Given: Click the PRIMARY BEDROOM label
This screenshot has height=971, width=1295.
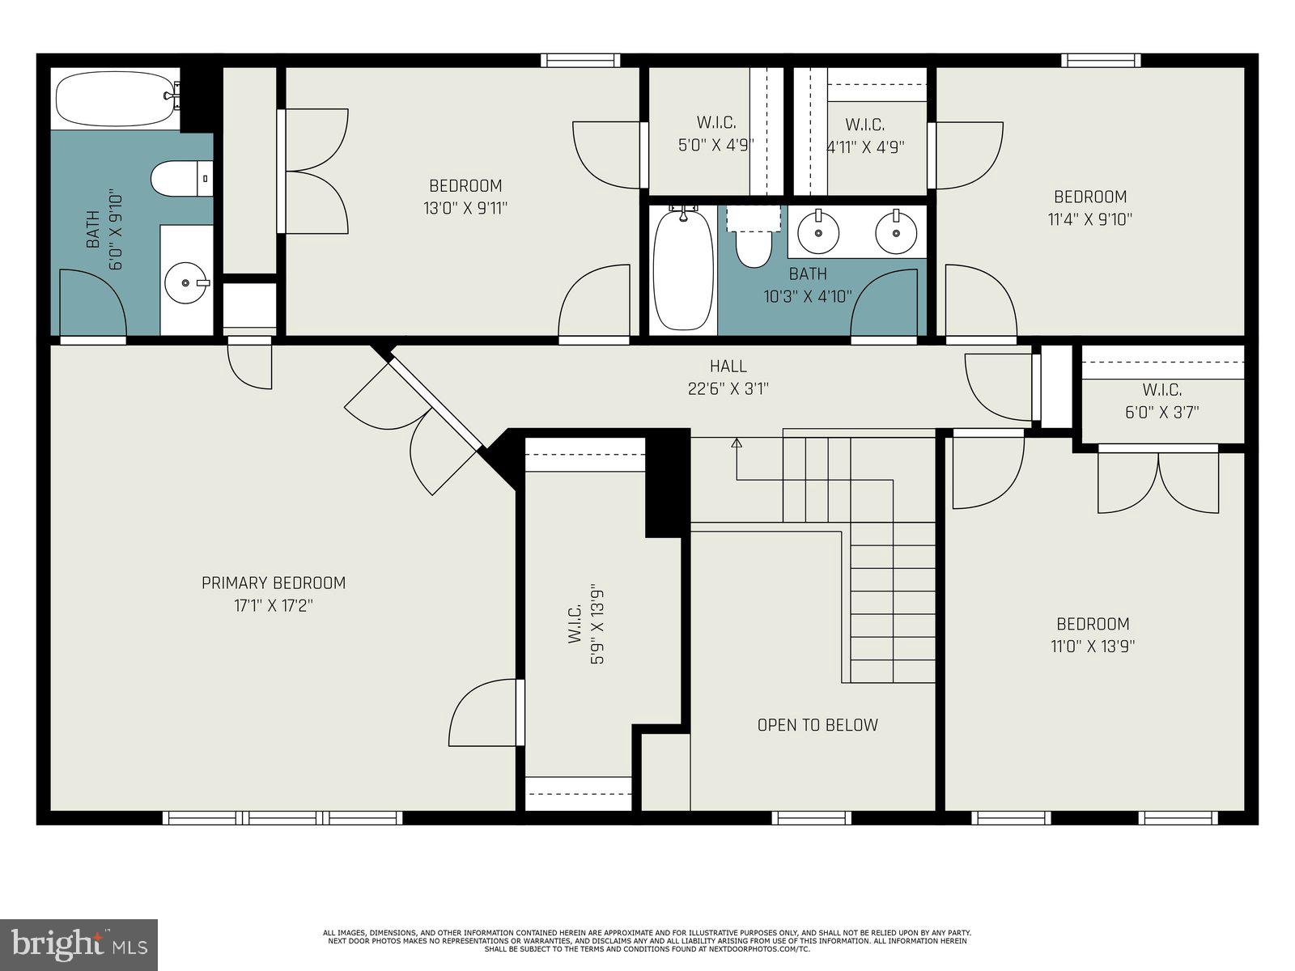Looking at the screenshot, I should [274, 583].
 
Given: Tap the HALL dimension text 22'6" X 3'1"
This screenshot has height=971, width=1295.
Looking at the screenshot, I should [728, 389].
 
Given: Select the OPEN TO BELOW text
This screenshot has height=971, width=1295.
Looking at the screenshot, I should [817, 725].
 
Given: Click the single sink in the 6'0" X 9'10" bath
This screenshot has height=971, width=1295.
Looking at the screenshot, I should [186, 283].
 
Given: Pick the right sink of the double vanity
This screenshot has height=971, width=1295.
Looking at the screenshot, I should [896, 231].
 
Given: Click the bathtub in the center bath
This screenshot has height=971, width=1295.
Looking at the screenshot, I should [683, 269].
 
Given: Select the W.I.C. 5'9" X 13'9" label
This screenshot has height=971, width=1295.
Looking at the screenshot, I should [586, 624].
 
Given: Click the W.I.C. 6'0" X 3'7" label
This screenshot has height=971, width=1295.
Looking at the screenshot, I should [1162, 401].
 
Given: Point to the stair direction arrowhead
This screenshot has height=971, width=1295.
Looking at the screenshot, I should [737, 443].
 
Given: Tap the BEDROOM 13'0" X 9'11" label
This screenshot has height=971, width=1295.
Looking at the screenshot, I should [465, 197].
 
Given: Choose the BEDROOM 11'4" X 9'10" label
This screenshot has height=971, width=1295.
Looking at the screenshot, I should [1090, 207].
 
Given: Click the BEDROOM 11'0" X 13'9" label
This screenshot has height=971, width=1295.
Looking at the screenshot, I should [1093, 634].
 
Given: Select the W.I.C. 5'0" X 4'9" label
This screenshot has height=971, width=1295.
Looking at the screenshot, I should [716, 134].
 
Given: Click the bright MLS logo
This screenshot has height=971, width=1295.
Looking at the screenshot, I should [79, 944].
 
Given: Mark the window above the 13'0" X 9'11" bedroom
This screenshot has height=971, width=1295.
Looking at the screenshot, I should [580, 60].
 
